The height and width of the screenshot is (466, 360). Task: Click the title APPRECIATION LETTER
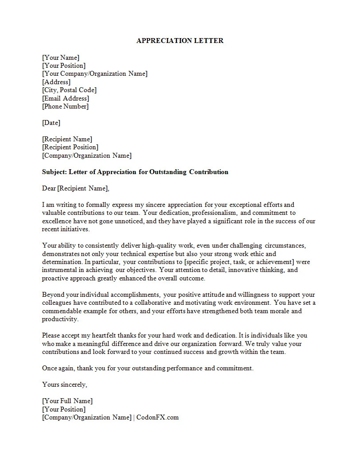point(180,41)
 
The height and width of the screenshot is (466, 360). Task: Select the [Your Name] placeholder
point(61,58)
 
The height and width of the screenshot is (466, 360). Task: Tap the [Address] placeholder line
point(56,82)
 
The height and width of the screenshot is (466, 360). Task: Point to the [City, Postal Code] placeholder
point(69,90)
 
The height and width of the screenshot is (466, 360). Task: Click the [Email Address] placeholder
point(66,98)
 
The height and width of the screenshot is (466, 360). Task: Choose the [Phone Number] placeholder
point(65,106)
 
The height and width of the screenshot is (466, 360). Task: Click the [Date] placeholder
point(51,123)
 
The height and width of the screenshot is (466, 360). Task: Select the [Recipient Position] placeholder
point(70,147)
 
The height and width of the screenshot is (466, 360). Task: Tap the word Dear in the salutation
point(49,188)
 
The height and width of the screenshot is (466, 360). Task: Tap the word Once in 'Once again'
point(50,368)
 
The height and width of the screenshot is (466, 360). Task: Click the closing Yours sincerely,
point(65,384)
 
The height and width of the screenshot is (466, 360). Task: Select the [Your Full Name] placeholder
point(67,401)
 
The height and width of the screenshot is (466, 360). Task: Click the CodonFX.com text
point(158,417)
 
